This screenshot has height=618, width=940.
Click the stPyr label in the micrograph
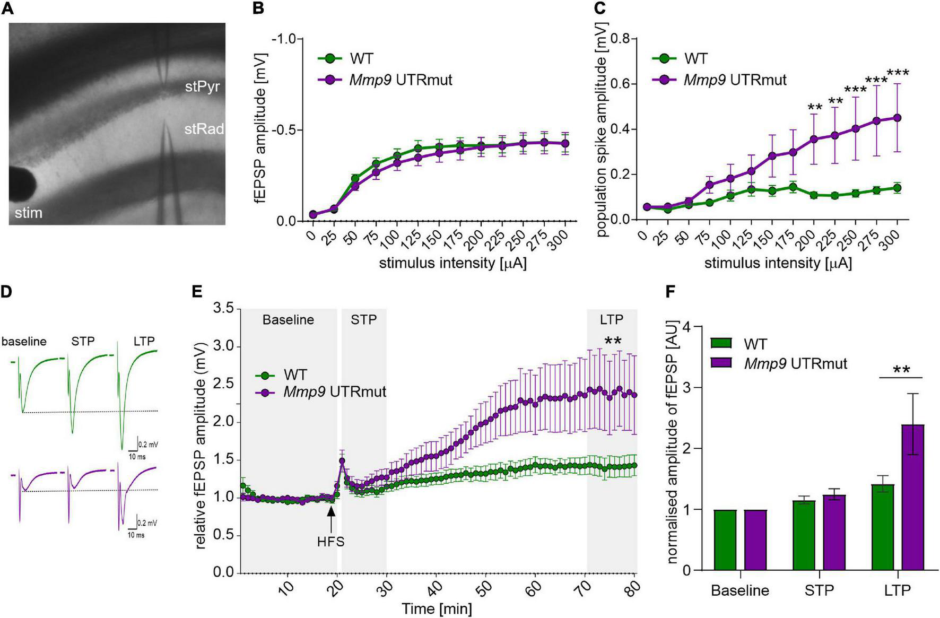pos(202,86)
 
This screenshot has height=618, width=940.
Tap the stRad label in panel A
pos(204,129)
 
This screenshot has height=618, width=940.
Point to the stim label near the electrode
pos(28,213)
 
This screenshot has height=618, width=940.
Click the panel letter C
pos(600,10)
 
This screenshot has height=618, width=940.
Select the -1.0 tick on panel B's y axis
pos(285,39)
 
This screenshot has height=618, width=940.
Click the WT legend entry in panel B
pos(361,59)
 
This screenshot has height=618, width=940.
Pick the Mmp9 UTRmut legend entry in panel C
pos(735,80)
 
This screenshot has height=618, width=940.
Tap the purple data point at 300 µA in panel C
pos(897,118)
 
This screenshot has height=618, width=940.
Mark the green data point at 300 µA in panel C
pos(897,188)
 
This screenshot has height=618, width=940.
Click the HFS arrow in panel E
pos(331,518)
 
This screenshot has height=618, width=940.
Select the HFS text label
pos(331,542)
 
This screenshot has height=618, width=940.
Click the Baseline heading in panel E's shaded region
pos(288,320)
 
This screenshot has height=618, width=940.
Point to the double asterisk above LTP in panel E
pos(613,341)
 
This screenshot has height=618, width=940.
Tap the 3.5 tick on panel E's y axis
pos(224,308)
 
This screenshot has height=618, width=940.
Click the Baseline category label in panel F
pos(740,590)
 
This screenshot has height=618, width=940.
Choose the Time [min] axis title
pos(436,608)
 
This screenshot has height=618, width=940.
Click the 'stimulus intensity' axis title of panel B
pos(452,263)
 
